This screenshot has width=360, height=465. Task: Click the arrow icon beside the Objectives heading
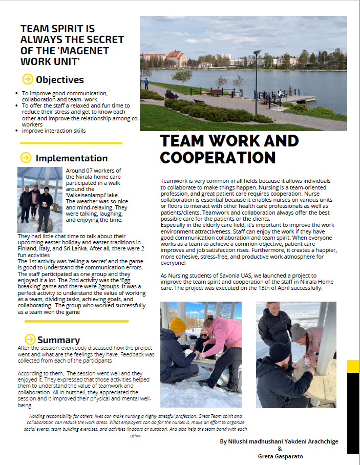28,79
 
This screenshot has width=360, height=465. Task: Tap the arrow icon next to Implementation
26,158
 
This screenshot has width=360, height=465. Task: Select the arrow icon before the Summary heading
30,339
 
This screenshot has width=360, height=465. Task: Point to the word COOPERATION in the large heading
218,157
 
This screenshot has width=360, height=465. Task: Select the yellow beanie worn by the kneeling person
178,325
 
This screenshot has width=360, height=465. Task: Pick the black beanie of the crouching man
280,352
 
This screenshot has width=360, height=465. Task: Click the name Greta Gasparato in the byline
279,455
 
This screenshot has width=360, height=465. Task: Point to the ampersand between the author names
279,448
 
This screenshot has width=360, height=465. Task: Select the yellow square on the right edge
353,366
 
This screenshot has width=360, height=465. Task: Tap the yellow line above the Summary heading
76,321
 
